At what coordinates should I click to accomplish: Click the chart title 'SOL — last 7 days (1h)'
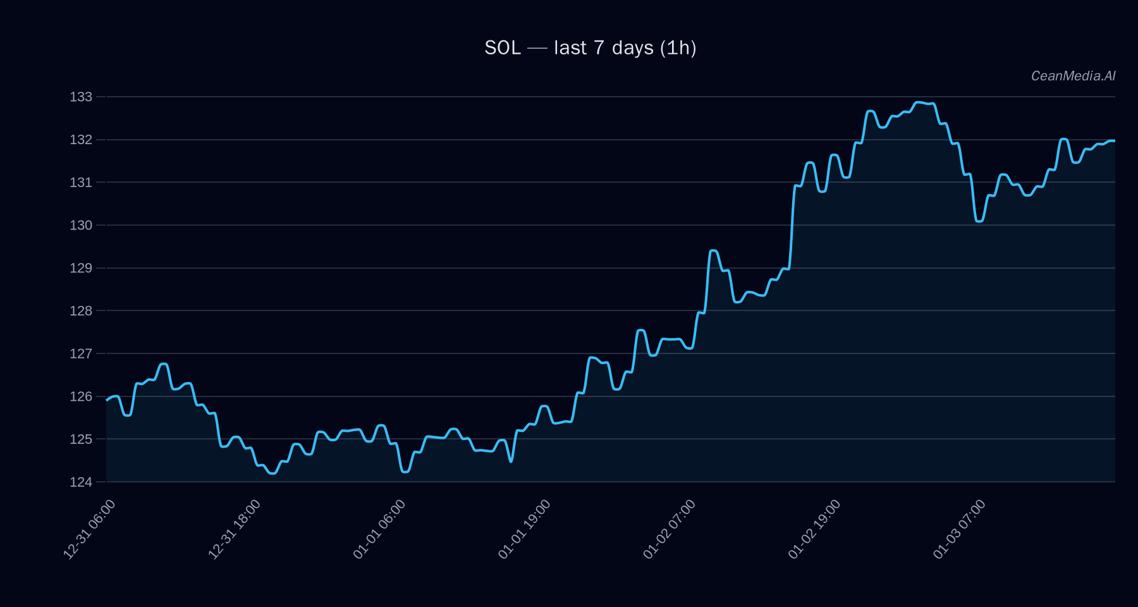(590, 48)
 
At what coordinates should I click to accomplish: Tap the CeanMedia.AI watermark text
(1073, 76)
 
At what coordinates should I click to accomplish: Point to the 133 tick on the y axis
(81, 97)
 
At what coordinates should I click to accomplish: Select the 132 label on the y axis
(81, 140)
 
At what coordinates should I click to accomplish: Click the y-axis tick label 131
(81, 182)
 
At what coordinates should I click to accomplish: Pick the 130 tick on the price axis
(81, 225)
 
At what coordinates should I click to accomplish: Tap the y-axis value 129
(81, 268)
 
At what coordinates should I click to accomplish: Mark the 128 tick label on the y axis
(81, 310)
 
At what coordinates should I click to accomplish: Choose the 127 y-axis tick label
(81, 353)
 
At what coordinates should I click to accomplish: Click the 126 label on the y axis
(81, 396)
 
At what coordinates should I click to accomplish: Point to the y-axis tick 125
(81, 439)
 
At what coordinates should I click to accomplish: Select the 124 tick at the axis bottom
(81, 482)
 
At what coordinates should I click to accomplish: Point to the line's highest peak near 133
(919, 102)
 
